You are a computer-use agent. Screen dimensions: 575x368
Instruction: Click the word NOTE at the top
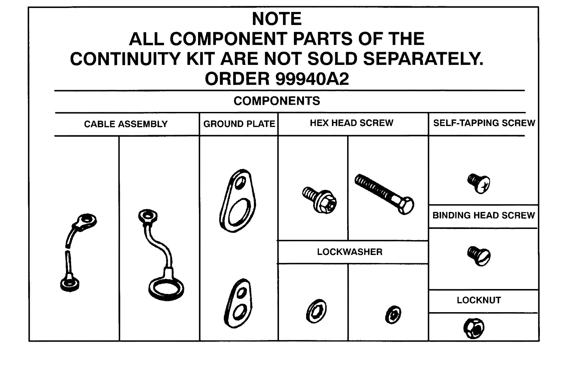tap(277, 19)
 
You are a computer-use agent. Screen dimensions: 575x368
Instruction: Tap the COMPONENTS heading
tap(277, 101)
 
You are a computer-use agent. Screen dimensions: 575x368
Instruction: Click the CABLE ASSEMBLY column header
tap(126, 124)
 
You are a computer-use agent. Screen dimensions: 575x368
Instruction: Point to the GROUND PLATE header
tap(239, 124)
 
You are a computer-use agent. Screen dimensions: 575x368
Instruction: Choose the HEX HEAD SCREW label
tap(351, 123)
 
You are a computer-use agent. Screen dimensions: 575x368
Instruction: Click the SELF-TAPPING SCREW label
tap(484, 123)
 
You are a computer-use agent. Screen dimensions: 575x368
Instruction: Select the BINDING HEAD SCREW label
tap(483, 215)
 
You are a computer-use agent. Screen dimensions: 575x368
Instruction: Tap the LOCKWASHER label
tap(350, 252)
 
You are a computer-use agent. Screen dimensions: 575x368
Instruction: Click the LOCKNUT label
tap(479, 300)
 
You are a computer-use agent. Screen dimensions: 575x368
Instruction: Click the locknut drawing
tap(474, 328)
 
